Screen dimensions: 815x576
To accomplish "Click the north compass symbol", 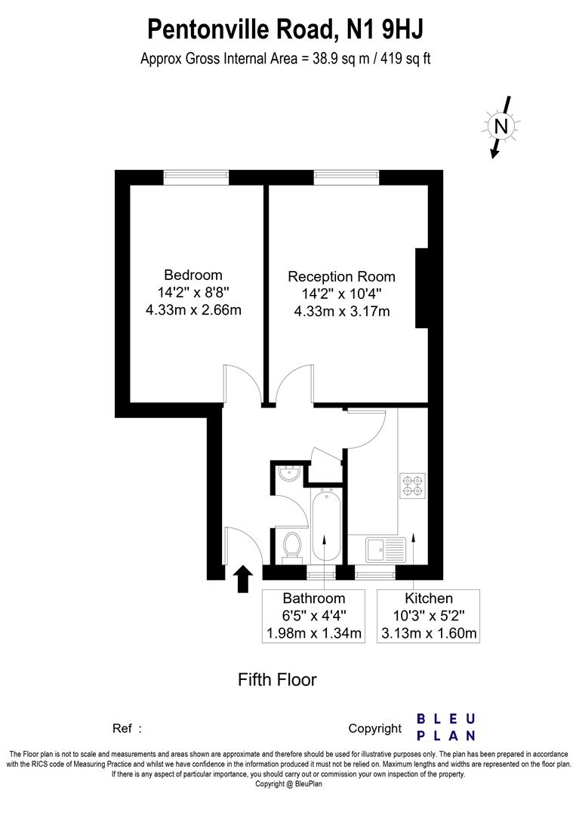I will coord(501,125).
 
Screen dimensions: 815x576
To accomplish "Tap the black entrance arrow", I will coord(243,579).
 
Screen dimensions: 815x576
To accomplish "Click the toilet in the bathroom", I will coord(291,546).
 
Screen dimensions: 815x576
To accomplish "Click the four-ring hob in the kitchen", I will coord(412,484).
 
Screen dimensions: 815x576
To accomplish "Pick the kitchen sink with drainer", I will coord(386,549).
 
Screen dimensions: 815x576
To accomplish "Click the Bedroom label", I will coord(193,275).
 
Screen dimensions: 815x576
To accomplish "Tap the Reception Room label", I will coord(341,277).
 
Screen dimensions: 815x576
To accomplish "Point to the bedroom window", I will coord(196,177).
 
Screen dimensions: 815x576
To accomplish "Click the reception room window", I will coord(347,177).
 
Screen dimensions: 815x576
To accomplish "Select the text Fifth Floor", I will coord(277,679).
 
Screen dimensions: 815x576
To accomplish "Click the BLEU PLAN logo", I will coord(446,727).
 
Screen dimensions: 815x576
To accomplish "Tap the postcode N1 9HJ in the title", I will coord(385,29).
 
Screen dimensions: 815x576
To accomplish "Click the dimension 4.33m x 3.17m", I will coord(341,311).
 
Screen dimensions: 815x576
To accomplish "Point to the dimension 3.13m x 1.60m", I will coord(428,633).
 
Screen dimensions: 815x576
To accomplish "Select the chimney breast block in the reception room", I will coord(422,288).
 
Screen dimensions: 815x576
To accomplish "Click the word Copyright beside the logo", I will coord(374,728).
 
